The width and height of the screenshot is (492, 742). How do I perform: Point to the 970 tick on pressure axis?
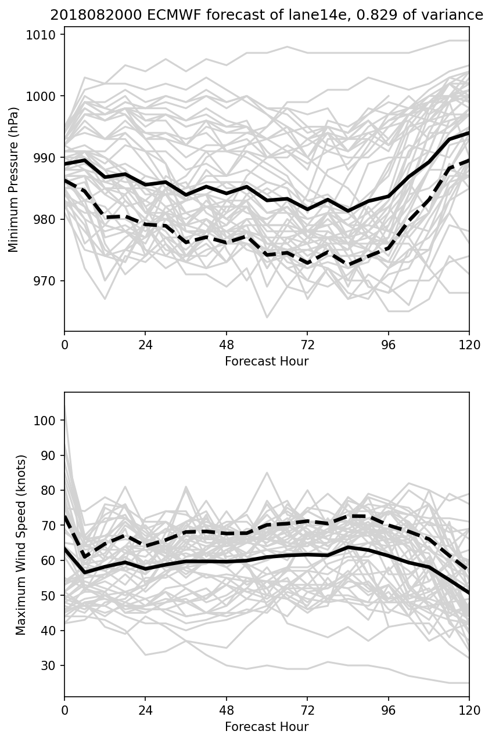[x=48, y=281]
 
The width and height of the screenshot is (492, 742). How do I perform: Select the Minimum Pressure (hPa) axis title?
[x=14, y=179]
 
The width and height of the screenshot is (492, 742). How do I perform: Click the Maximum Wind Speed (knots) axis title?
[x=21, y=545]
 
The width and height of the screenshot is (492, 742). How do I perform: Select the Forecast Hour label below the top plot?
[x=267, y=361]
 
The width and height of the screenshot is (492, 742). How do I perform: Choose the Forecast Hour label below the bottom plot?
[x=267, y=727]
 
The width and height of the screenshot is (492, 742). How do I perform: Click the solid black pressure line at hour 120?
[x=468, y=133]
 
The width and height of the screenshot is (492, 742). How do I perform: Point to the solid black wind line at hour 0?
[x=65, y=548]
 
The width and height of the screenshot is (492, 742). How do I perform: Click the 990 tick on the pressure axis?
[x=48, y=158]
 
